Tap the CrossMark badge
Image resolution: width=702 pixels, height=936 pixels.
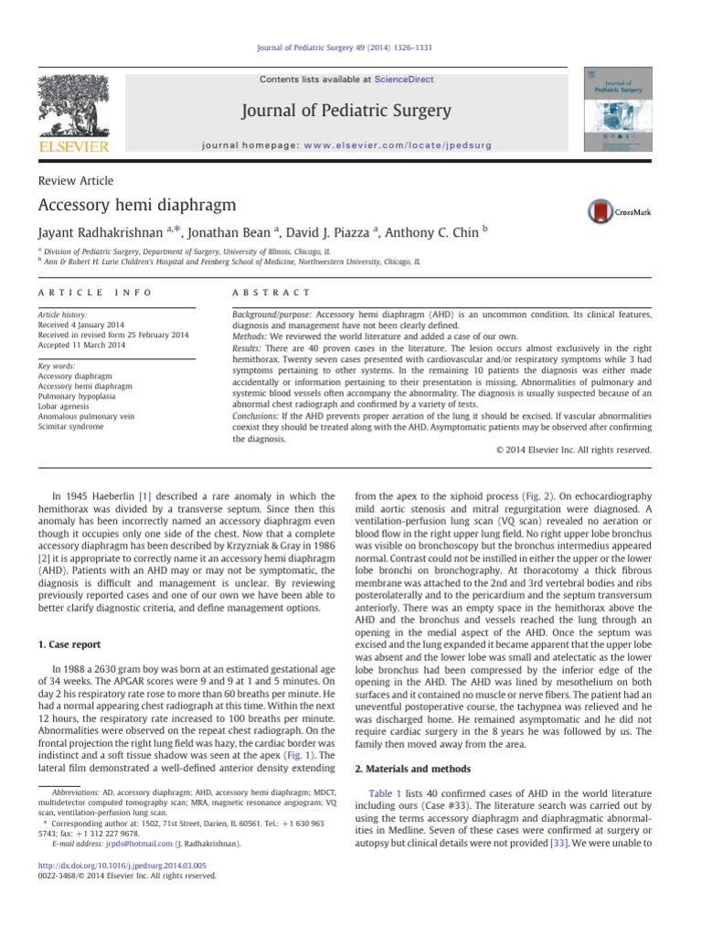[x=621, y=209]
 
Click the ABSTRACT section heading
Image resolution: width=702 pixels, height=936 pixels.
[x=272, y=292]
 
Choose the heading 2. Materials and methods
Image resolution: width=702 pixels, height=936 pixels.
[x=412, y=769]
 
